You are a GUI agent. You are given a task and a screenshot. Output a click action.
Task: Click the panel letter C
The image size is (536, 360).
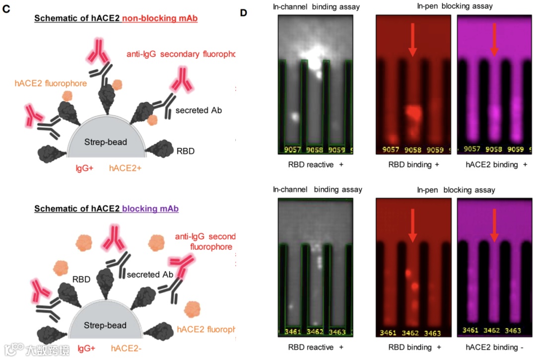6,9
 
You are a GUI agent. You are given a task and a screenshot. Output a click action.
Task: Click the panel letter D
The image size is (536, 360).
244,12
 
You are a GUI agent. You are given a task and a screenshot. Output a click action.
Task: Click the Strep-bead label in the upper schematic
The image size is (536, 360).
105,142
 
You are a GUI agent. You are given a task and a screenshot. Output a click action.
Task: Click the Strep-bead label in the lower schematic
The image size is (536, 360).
105,326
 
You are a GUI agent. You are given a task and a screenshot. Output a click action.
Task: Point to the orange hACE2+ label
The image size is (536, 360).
125,168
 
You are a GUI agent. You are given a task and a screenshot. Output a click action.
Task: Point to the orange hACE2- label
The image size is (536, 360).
126,349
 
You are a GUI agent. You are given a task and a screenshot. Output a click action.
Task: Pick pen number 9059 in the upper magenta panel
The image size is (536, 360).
515,148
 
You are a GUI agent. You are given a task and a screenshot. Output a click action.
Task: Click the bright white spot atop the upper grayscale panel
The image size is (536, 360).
314,57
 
